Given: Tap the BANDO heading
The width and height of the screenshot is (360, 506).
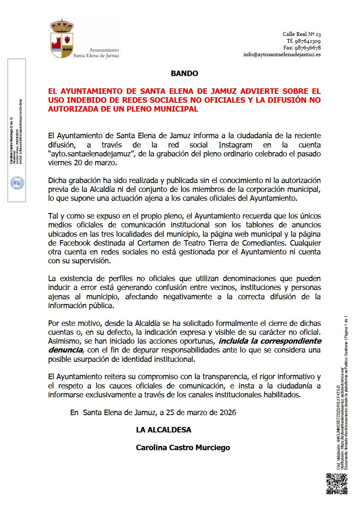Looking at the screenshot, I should tap(184, 74).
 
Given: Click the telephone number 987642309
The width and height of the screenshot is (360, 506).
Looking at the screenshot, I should tap(309, 41).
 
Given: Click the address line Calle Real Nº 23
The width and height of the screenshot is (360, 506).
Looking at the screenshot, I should tap(302, 34).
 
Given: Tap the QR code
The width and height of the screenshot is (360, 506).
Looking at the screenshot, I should tap(337, 484).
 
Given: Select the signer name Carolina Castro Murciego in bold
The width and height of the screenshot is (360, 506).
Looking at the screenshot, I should tap(183, 447).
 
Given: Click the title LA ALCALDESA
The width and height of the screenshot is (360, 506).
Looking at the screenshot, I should tap(163, 430).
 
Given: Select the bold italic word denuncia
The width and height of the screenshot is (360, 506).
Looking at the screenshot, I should tap(64, 350).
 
